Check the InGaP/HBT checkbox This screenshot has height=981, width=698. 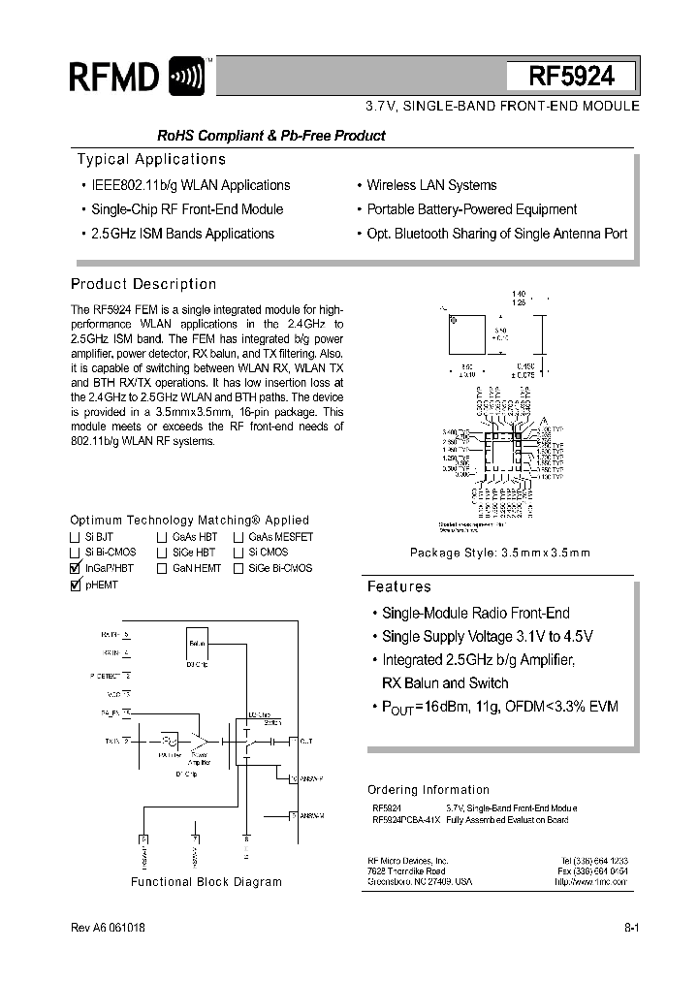click(x=76, y=568)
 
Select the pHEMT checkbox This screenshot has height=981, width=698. click(x=76, y=585)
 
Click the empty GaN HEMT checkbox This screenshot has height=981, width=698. click(x=162, y=568)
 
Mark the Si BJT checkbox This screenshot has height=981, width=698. click(x=76, y=536)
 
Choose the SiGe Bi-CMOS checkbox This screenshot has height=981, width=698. click(x=238, y=568)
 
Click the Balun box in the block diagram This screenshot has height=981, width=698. click(x=197, y=642)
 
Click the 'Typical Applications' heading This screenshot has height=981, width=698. click(x=151, y=159)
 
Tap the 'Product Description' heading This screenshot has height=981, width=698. click(x=143, y=284)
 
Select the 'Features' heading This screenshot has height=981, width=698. click(x=398, y=586)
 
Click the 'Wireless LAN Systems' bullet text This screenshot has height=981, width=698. click(x=431, y=185)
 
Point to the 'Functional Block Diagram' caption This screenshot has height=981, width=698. click(x=206, y=882)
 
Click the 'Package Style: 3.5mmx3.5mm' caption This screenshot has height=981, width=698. click(x=499, y=553)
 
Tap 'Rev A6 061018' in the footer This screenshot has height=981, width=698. click(x=109, y=928)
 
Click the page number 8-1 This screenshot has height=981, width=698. click(x=631, y=928)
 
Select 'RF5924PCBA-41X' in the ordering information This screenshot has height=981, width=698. click(x=406, y=820)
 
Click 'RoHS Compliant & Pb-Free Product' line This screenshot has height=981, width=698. click(x=271, y=136)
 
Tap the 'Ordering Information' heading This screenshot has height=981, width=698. click(x=428, y=790)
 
